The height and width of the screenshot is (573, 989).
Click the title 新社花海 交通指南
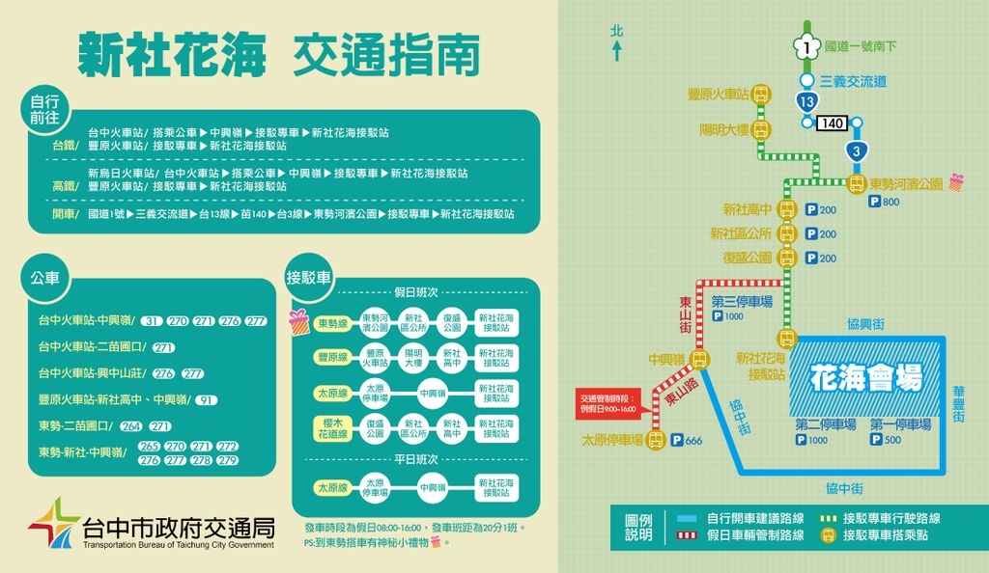pyautogui.click(x=278, y=54)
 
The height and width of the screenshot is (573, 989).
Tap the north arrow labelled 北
pyautogui.click(x=616, y=42)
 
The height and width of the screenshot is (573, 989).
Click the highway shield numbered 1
pyautogui.click(x=806, y=44)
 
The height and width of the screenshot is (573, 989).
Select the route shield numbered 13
pyautogui.click(x=806, y=100)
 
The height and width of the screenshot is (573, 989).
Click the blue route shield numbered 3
pyautogui.click(x=855, y=151)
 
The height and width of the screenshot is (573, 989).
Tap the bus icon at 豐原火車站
pyautogui.click(x=761, y=95)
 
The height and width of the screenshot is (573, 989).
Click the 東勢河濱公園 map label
pyautogui.click(x=906, y=183)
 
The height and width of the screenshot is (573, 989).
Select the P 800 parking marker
pyautogui.click(x=885, y=202)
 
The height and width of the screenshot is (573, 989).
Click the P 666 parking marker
pyautogui.click(x=687, y=441)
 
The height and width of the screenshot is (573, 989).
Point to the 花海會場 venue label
pyautogui.click(x=866, y=375)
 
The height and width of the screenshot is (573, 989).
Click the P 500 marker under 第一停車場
pyautogui.click(x=886, y=440)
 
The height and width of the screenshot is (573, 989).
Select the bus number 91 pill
pyautogui.click(x=206, y=399)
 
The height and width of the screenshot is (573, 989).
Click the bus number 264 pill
pyautogui.click(x=131, y=425)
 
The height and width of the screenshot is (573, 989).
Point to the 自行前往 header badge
pyautogui.click(x=44, y=110)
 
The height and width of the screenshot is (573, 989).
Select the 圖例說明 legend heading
pyautogui.click(x=638, y=527)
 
